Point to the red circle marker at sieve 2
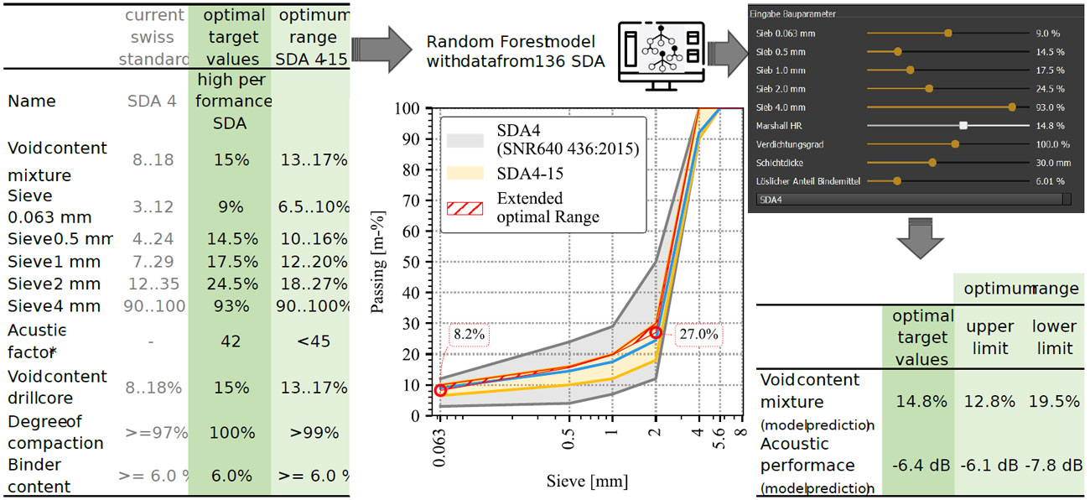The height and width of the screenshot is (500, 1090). click(656, 333)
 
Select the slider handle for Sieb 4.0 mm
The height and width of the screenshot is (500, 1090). click(1012, 107)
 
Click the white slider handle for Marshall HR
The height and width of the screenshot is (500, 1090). click(963, 126)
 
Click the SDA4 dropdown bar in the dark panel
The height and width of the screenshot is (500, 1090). click(910, 200)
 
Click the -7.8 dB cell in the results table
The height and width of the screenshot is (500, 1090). click(1055, 465)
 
